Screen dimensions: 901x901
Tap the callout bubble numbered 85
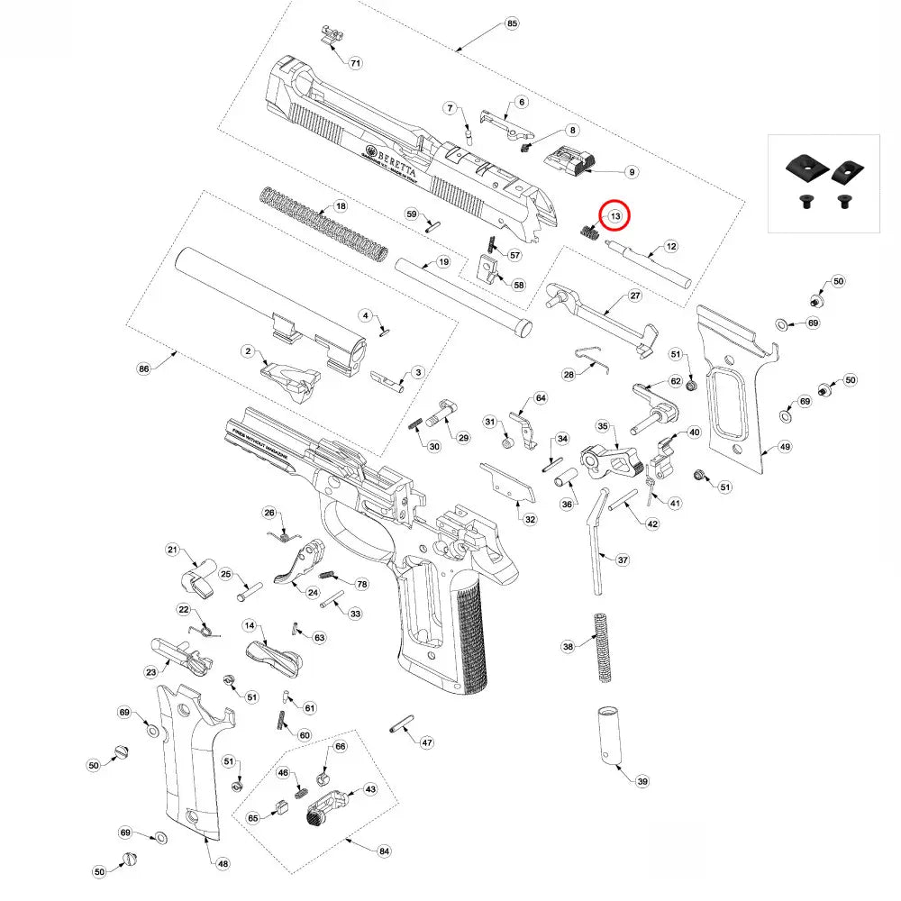pyautogui.click(x=513, y=23)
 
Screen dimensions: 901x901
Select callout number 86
pyautogui.click(x=142, y=369)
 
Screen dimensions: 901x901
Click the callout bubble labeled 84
pyautogui.click(x=385, y=851)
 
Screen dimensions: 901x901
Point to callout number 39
pyautogui.click(x=642, y=781)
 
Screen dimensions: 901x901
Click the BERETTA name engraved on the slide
pyautogui.click(x=393, y=160)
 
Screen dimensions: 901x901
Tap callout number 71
pyautogui.click(x=356, y=63)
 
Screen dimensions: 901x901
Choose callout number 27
pyautogui.click(x=634, y=296)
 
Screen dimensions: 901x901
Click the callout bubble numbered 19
pyautogui.click(x=442, y=262)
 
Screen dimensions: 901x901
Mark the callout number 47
pyautogui.click(x=427, y=743)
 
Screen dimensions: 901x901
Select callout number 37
pyautogui.click(x=623, y=560)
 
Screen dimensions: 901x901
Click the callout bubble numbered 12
pyautogui.click(x=671, y=246)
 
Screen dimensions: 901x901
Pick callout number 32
pyautogui.click(x=530, y=520)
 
